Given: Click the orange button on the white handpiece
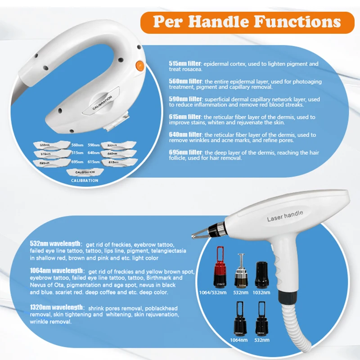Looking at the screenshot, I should click(140, 66).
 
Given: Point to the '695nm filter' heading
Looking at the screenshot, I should click(185, 153).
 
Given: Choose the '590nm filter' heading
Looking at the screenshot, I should click(185, 99).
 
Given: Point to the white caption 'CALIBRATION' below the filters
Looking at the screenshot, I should click(85, 180).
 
